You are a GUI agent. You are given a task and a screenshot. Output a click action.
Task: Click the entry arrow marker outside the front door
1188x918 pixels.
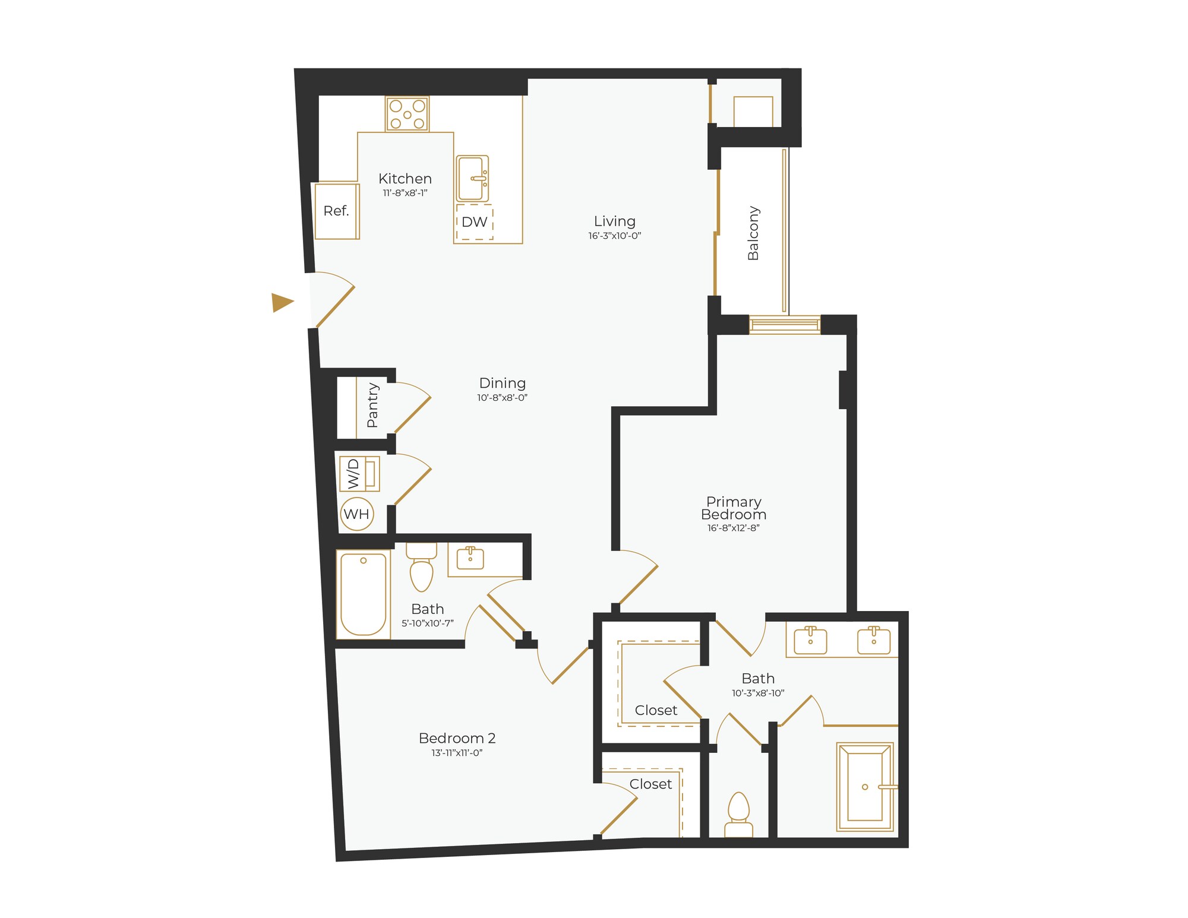282,302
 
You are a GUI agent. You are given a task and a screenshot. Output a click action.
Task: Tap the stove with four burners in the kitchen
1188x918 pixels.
407,114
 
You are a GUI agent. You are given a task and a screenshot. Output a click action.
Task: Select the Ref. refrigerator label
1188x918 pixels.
336,211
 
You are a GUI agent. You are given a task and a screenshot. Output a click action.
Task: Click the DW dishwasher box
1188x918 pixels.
475,222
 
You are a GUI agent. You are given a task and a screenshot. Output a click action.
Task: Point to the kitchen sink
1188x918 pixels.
472,178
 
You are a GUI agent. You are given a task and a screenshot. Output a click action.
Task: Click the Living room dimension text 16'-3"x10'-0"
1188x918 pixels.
615,236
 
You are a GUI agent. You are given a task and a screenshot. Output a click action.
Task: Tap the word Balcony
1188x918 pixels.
753,233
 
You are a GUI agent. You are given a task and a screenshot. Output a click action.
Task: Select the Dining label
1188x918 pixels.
503,383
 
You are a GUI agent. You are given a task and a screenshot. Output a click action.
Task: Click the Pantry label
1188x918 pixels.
372,405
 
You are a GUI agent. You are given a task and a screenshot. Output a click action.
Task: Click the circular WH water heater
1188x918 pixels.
357,514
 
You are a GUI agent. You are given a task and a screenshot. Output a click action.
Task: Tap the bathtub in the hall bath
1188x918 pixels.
363,594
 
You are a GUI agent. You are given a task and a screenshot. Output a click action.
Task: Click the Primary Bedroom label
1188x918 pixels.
734,508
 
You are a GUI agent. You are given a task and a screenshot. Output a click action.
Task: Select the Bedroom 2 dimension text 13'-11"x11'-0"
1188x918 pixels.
457,753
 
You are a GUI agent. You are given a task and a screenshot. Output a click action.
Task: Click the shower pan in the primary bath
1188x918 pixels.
864,786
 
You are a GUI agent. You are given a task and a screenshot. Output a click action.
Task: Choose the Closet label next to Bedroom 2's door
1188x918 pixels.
650,784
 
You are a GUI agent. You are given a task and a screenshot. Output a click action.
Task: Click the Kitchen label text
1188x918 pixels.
405,179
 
